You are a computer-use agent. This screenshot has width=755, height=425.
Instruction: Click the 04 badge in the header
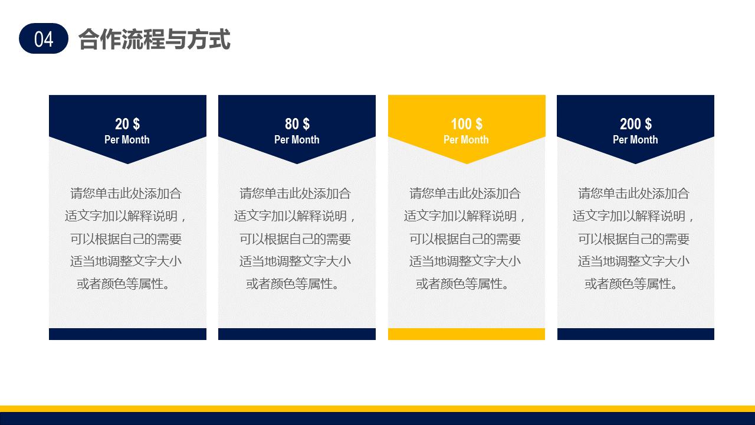pyautogui.click(x=44, y=39)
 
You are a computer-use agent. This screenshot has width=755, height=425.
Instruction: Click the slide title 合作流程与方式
pyautogui.click(x=154, y=39)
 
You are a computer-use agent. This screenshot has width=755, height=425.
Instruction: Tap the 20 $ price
pyautogui.click(x=127, y=124)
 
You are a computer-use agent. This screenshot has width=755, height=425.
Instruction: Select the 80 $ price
pyautogui.click(x=297, y=124)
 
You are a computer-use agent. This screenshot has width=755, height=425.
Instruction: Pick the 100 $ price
pyautogui.click(x=466, y=124)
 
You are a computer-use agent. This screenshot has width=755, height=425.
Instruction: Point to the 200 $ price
pyautogui.click(x=635, y=124)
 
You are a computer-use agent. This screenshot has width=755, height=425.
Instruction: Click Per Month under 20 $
pyautogui.click(x=127, y=140)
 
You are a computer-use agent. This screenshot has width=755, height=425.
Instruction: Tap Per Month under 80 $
pyautogui.click(x=297, y=140)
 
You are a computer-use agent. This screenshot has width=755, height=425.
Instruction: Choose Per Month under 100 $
pyautogui.click(x=466, y=140)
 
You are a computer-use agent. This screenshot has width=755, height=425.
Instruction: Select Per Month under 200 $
pyautogui.click(x=635, y=140)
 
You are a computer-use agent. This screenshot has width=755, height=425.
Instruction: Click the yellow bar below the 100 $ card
pyautogui.click(x=466, y=334)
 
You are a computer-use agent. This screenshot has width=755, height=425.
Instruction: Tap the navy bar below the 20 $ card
pyautogui.click(x=127, y=334)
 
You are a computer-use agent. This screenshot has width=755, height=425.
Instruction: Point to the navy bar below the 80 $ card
pyautogui.click(x=297, y=334)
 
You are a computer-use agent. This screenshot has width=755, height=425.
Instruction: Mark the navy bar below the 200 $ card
pyautogui.click(x=635, y=334)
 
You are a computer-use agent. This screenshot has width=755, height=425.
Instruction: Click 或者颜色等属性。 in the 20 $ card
pyautogui.click(x=127, y=284)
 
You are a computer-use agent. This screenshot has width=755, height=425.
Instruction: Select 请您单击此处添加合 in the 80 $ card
pyautogui.click(x=296, y=194)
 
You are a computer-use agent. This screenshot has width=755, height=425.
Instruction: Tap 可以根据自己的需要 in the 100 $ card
pyautogui.click(x=465, y=239)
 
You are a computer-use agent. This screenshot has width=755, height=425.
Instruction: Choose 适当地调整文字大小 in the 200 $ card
pyautogui.click(x=634, y=261)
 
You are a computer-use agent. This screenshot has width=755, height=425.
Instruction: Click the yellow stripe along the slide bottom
pyautogui.click(x=377, y=408)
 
